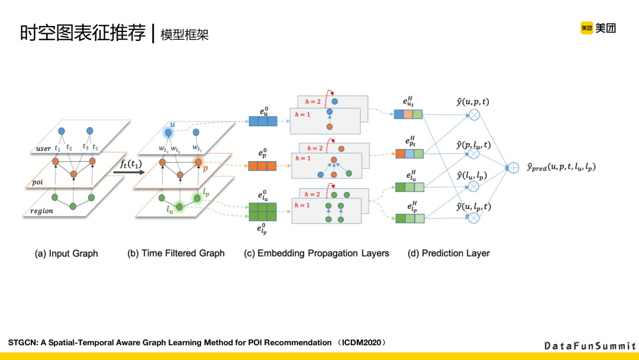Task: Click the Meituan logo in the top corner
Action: coord(598,28)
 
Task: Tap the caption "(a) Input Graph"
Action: coord(66,253)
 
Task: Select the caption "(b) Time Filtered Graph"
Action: coord(176,253)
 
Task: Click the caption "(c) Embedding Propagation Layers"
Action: coord(317,253)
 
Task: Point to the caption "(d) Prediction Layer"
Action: coord(448,253)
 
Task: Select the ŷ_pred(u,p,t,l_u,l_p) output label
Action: coord(561,168)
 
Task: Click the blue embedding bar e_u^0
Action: coord(263,121)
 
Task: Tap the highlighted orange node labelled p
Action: coord(198,161)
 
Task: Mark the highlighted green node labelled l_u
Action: coord(179,207)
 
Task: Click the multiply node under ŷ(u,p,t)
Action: coord(473,115)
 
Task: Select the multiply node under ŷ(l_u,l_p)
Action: coord(473,187)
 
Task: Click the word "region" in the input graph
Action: coord(43,211)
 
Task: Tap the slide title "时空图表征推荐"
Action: coord(83,33)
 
